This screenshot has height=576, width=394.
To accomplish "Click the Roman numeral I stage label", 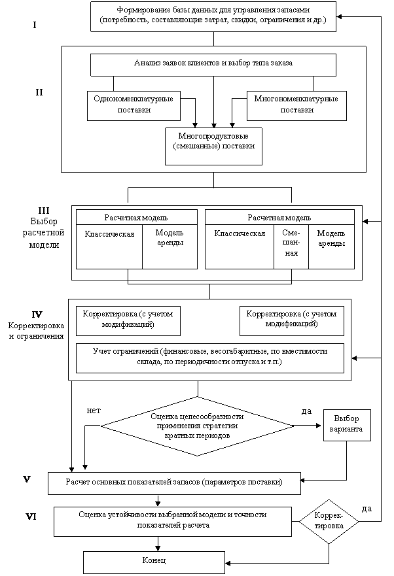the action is tap(35, 25).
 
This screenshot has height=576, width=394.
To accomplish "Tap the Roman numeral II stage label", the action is tap(39, 92).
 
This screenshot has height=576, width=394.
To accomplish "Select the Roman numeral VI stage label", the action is tap(31, 517).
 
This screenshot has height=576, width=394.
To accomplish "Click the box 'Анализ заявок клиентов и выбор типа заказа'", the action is tap(213, 65).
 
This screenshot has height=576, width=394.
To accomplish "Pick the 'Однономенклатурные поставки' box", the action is tap(134, 106).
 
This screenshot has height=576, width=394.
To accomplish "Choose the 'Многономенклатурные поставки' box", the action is tap(296, 106).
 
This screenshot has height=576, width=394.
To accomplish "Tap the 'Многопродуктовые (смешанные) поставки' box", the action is tap(214, 146).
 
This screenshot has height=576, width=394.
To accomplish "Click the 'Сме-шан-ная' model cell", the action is tap(291, 246).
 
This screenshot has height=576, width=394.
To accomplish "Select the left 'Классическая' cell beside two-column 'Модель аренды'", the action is tap(109, 246).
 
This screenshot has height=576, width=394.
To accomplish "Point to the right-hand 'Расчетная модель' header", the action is tap(279, 218).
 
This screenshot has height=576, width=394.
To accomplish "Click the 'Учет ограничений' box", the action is tap(210, 358).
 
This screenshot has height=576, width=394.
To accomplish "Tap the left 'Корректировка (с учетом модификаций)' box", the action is tap(128, 321).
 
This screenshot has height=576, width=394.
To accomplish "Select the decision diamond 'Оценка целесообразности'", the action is tap(197, 426).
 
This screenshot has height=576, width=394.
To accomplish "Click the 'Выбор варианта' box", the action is tap(347, 425).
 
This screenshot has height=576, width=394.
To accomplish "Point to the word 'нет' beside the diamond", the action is tap(94, 411).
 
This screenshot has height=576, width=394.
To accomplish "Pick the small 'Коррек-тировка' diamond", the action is tap(329, 521).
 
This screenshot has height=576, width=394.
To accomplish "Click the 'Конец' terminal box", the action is tap(154, 562).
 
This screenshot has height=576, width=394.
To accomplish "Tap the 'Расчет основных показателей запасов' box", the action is tap(174, 483).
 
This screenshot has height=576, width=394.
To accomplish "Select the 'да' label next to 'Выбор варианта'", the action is tap(306, 411).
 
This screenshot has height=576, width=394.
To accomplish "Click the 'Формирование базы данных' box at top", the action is tap(213, 16).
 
